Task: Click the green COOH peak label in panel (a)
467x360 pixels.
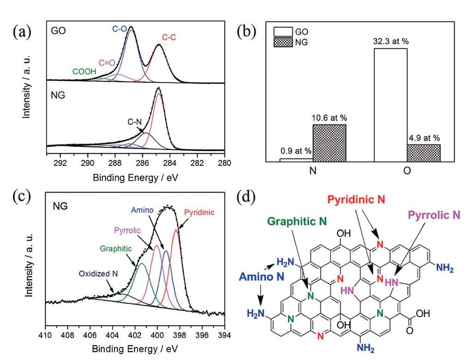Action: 75,72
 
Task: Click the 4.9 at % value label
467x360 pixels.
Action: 424,138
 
